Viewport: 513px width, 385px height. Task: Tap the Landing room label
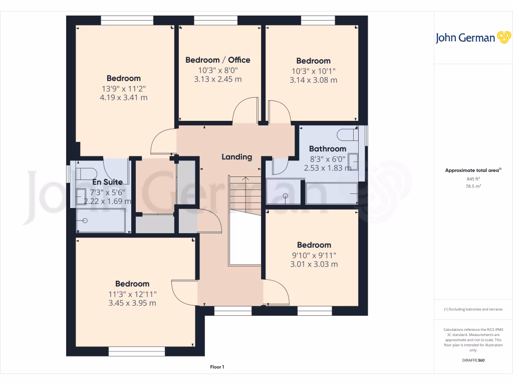237,157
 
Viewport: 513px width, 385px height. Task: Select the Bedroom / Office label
217,60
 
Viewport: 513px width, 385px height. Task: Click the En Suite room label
107,182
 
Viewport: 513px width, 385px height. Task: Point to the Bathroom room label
327,148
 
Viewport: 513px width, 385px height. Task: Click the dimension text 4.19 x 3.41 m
123,97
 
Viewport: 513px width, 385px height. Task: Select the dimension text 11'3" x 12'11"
132,294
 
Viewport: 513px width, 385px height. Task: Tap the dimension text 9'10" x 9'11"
314,255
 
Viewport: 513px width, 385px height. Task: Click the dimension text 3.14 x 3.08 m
313,80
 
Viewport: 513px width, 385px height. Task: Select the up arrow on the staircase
245,179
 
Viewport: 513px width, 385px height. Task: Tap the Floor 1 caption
217,367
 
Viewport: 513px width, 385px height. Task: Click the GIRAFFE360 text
473,360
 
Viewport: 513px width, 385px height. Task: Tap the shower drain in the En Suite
85,221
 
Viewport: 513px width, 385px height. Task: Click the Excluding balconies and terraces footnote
473,309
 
